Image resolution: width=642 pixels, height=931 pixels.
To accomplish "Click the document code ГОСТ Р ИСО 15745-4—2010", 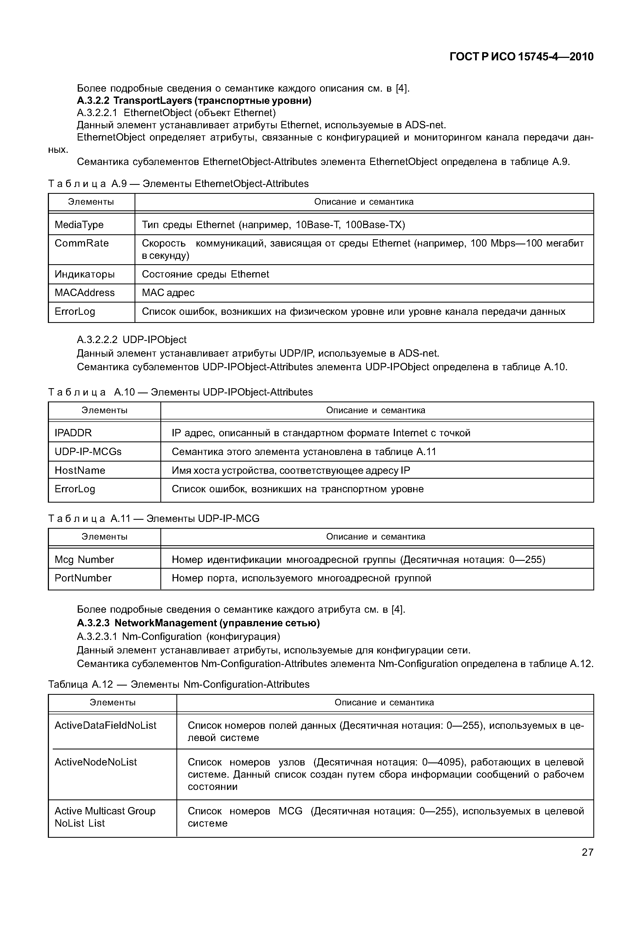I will click(x=521, y=57).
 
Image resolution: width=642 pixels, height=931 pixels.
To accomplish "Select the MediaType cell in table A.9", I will click(x=79, y=225).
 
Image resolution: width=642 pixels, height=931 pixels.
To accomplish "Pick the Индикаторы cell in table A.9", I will click(x=85, y=274).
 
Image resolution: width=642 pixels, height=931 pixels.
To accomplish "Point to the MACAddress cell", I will click(x=85, y=293).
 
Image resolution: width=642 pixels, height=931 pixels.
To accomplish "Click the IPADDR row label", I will click(x=73, y=433).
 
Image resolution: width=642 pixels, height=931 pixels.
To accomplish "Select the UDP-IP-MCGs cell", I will click(x=88, y=452).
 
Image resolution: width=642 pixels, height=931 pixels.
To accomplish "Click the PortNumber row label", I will click(x=83, y=578).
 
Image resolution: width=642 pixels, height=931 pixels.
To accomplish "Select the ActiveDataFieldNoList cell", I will click(x=105, y=726).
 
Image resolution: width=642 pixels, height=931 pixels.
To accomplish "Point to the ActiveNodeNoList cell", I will click(x=96, y=762).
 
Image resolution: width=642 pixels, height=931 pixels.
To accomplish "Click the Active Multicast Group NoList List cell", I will click(x=105, y=817).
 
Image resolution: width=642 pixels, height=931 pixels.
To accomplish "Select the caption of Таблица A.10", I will click(x=180, y=392).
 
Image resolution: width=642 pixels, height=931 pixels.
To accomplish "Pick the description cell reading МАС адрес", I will click(x=168, y=293).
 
